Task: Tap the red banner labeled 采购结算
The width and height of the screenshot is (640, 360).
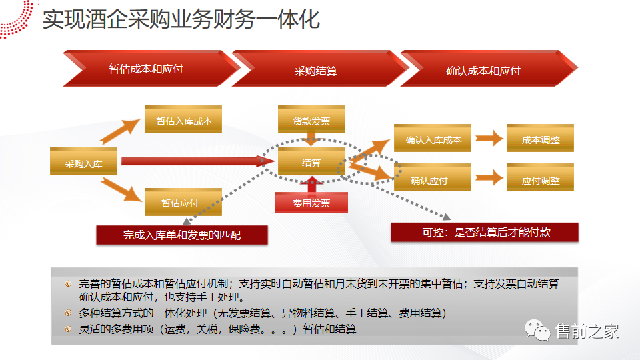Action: point(315,69)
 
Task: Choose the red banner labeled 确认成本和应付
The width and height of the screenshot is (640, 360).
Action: point(483,69)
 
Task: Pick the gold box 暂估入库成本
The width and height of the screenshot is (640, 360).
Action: point(183,121)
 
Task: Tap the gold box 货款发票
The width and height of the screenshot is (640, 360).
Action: point(311,121)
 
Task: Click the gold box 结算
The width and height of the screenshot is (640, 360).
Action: point(311,162)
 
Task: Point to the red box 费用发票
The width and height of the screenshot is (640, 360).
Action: point(311,203)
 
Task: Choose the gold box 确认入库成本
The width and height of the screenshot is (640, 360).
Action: point(433,139)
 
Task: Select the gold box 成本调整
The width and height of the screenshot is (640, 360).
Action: point(540,139)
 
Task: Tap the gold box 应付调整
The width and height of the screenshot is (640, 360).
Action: point(540,179)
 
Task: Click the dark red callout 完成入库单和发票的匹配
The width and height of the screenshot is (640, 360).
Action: point(182,235)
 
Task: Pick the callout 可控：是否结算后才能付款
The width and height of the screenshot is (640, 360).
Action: point(484,232)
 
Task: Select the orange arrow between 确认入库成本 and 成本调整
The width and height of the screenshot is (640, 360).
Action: point(489,139)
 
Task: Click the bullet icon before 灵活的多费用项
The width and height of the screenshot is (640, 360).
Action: point(69,329)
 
